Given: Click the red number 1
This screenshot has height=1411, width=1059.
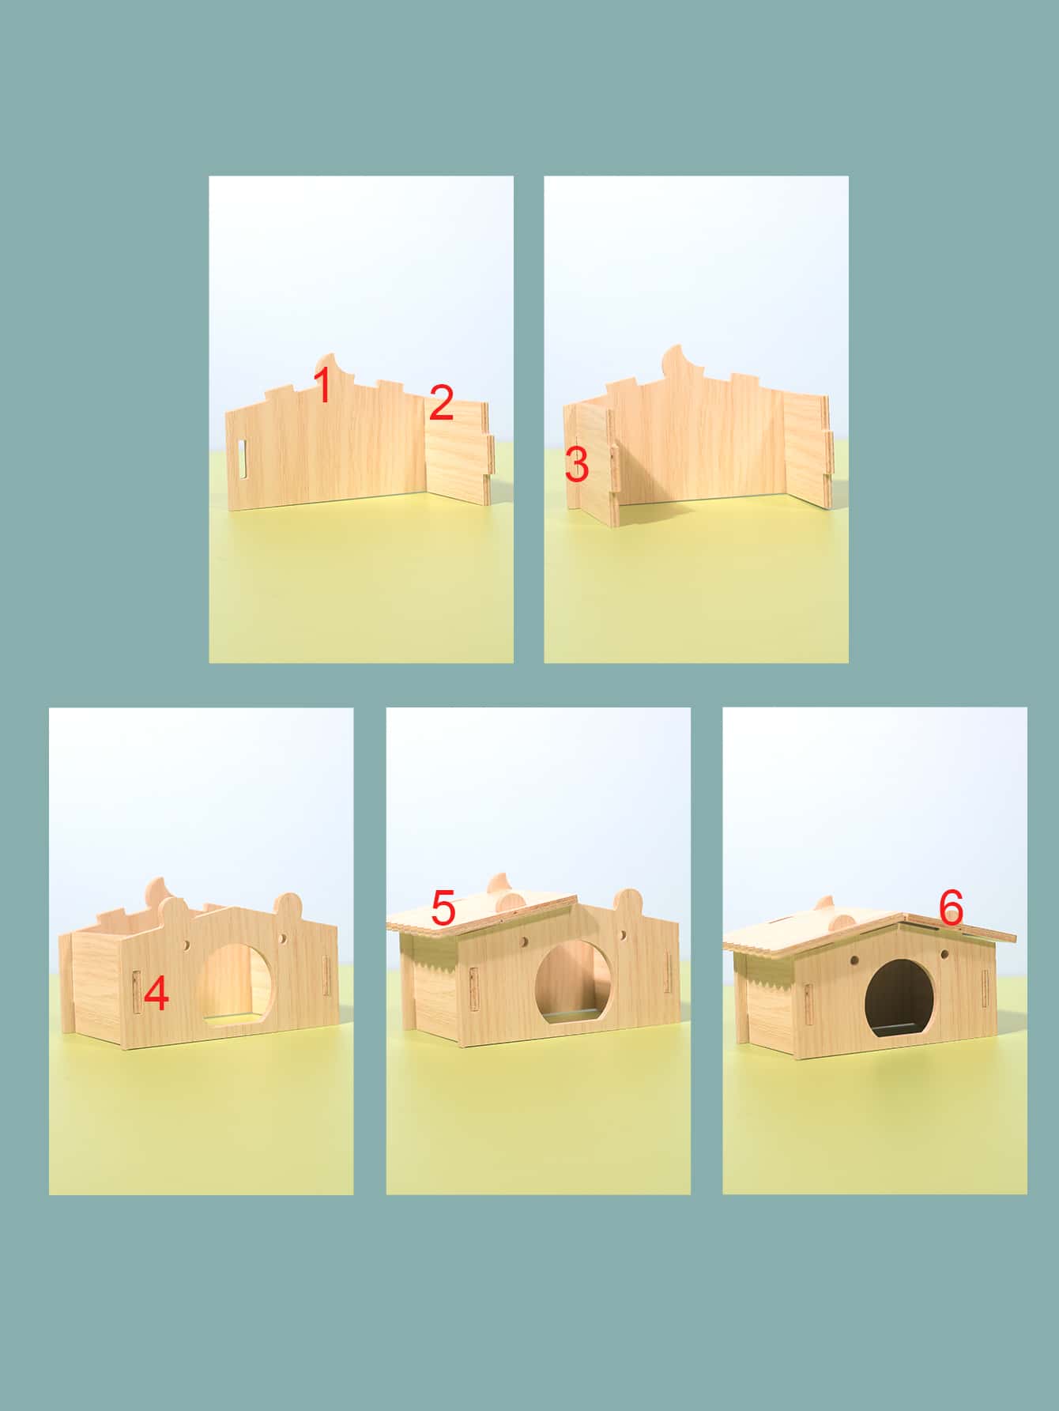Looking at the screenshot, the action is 322,384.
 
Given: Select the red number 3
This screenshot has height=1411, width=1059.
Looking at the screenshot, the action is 577,465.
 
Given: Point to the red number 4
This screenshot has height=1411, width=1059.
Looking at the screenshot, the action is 156,994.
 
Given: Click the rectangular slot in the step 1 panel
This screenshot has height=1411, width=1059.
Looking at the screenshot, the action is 242,459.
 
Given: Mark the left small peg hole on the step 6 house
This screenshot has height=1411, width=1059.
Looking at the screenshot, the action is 855,958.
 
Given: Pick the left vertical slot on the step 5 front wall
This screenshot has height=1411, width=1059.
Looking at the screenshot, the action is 473,989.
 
